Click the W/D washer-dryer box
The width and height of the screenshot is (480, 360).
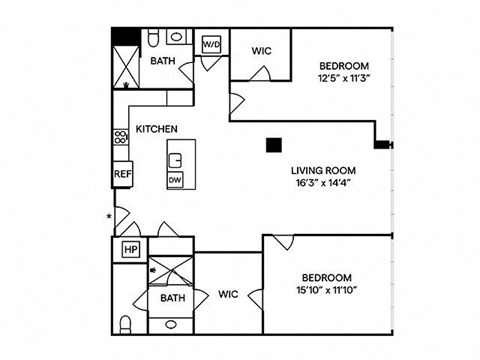pyautogui.click(x=212, y=44)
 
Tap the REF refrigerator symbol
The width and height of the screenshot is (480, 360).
pyautogui.click(x=123, y=174)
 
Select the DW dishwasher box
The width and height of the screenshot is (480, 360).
pyautogui.click(x=175, y=180)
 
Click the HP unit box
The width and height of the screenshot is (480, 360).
pyautogui.click(x=131, y=249)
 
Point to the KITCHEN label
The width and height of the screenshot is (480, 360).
pyautogui.click(x=156, y=129)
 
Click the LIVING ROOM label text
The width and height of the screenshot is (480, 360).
pyautogui.click(x=323, y=171)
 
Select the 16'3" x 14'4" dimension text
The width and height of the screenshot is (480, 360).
pyautogui.click(x=323, y=183)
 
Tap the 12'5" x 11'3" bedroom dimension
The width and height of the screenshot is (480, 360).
pyautogui.click(x=344, y=78)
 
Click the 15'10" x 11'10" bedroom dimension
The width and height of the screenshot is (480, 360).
pyautogui.click(x=327, y=290)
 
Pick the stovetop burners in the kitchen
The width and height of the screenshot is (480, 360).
pyautogui.click(x=121, y=137)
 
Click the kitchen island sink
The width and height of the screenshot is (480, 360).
pyautogui.click(x=175, y=160)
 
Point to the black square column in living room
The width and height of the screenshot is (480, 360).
pyautogui.click(x=274, y=145)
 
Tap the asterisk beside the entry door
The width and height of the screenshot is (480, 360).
pyautogui.click(x=109, y=216)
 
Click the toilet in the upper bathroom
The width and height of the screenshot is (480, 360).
pyautogui.click(x=153, y=37)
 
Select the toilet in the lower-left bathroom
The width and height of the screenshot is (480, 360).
pyautogui.click(x=125, y=324)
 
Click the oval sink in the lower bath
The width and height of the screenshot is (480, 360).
pyautogui.click(x=171, y=324)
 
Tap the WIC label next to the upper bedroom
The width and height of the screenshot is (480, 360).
pyautogui.click(x=262, y=51)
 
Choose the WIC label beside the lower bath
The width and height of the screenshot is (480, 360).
pyautogui.click(x=228, y=294)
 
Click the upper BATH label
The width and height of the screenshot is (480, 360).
pyautogui.click(x=163, y=61)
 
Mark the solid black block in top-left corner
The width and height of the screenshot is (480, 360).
pyautogui.click(x=126, y=37)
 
